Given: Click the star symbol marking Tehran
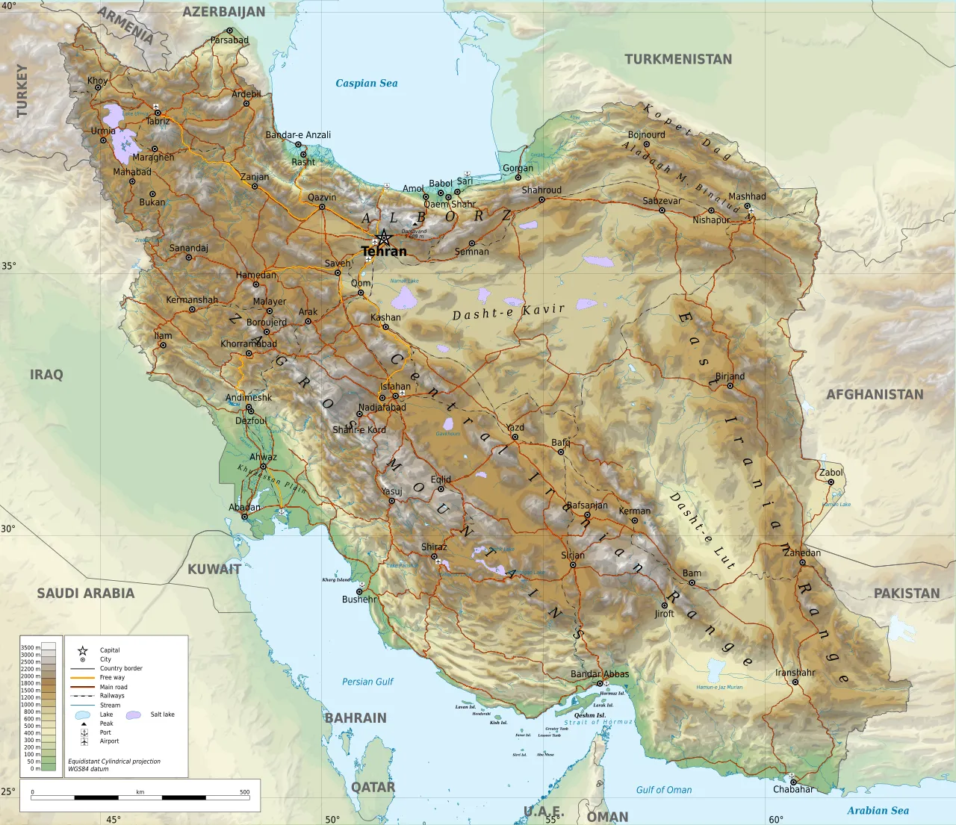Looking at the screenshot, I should pos(383,238).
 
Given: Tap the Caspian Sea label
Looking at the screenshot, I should pos(366,84).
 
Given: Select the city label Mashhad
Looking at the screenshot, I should pos(747,196).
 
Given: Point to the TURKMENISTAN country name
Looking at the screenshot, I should pos(678,59).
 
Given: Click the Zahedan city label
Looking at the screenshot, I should pos(801,553).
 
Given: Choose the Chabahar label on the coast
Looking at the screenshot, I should pos(793,789).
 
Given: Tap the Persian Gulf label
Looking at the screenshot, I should pos(367,682).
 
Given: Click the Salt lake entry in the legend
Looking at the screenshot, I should pos(162,715).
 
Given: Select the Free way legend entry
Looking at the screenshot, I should pos(112,678).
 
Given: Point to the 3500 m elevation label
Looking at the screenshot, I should pos(30,648).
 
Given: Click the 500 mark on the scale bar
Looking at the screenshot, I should pos(244,792).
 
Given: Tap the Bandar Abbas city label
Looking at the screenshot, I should pos(600,674).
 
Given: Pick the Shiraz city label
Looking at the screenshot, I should pos(434,547).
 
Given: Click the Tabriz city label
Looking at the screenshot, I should pos(158,121).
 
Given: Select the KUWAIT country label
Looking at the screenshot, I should pos(214,569).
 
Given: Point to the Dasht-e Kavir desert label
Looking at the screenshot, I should pos(508,312).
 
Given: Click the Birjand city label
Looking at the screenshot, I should pos(730,376).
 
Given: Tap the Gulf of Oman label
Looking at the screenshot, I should pos(663,790).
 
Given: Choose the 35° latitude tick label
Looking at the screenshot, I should pos(8,266).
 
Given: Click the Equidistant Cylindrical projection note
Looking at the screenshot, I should pos(114,762).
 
